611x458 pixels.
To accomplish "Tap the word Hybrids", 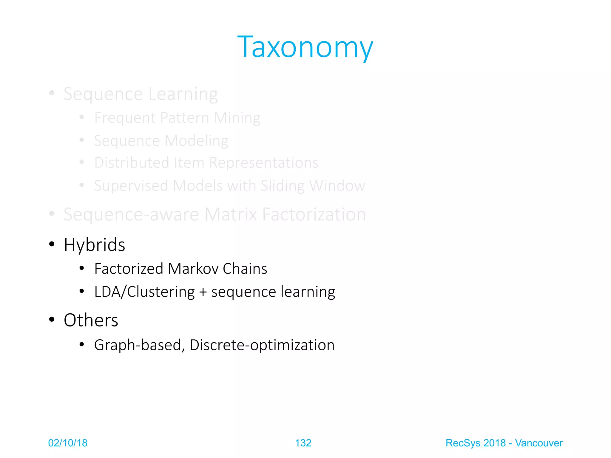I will pos(94,245).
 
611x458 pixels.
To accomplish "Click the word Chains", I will pos(245,269).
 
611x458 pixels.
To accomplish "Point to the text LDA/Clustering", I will pos(144,292).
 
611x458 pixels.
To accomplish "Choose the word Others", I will pos(91,320).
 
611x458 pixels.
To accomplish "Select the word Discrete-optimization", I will pos(262,345).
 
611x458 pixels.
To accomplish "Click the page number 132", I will pos(303,443).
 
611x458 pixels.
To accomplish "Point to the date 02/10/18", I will pos(68,443).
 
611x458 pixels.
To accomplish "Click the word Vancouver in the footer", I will pos(539,443).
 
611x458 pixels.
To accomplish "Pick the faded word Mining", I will pos(237,118).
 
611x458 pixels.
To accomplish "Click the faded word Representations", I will pos(264,163).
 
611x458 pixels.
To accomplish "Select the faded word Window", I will pos(337,186).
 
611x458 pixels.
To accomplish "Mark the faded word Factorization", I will pos(314,214).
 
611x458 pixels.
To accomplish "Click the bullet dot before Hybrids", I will pos(52,244).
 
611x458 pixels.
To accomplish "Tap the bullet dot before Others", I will pos(52,320).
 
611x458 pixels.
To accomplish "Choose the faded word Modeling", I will pos(197,141).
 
